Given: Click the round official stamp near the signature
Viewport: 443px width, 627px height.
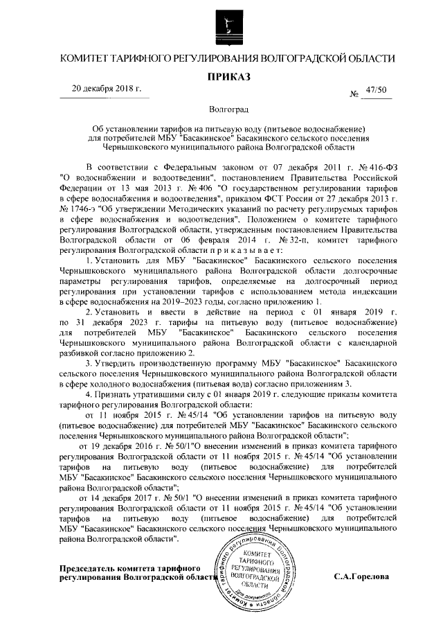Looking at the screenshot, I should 255,558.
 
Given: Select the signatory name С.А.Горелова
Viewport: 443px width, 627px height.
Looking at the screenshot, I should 361,576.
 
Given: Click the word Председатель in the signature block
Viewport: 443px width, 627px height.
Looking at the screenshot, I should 89,567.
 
